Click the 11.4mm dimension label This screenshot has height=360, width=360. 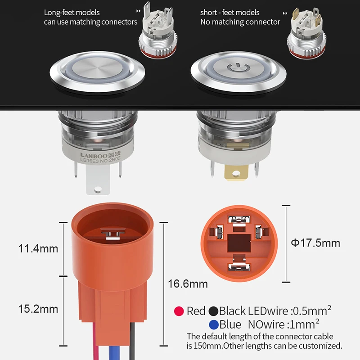click(x=38, y=249)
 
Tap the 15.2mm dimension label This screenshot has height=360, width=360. click(x=38, y=309)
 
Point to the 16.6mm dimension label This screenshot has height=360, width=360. click(x=188, y=284)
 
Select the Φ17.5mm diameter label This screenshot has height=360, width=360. click(x=315, y=243)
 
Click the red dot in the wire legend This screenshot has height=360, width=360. click(x=179, y=311)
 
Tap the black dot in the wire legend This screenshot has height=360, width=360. click(x=213, y=311)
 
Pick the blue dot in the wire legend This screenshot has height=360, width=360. click(x=214, y=324)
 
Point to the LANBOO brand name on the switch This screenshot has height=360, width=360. click(x=94, y=155)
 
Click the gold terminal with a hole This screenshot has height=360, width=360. click(x=237, y=172)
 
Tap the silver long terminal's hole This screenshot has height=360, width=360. click(x=98, y=189)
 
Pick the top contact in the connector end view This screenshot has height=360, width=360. click(x=239, y=220)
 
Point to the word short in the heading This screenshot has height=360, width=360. click(x=208, y=13)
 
